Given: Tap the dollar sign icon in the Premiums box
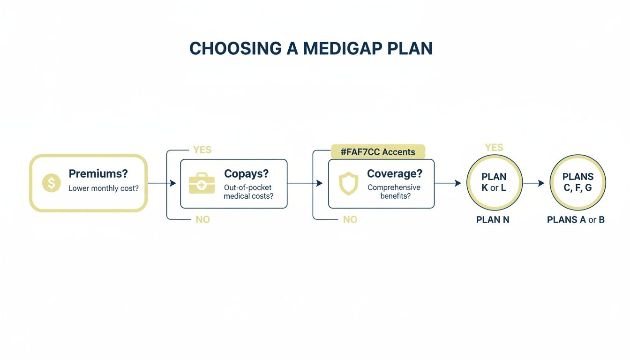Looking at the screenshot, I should pos(51,183).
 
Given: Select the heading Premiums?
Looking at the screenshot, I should pos(98,173).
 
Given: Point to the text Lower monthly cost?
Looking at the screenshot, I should pos(103,188).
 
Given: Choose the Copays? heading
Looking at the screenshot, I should pos(246,173).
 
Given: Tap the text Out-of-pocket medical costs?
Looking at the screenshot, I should pos(248,192).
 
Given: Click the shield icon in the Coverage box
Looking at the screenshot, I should pos(349,184).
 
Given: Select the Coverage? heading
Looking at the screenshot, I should pos(394,173).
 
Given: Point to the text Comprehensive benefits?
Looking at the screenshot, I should pos(394,192).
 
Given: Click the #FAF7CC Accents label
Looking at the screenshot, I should pos(378,152).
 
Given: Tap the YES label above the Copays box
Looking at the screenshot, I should pos(202,150).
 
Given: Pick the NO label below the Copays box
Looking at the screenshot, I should pos(202,219).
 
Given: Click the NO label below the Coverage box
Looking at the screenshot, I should pos(350,219).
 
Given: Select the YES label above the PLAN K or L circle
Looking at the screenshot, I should pos(494,148).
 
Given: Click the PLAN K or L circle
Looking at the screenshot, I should pos(494,183).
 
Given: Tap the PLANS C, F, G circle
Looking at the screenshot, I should pos(577,183).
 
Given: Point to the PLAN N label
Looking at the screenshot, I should pos(493,219).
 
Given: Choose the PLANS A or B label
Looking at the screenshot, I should pos(576,219).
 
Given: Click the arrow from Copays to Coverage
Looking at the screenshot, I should pos(305,183).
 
